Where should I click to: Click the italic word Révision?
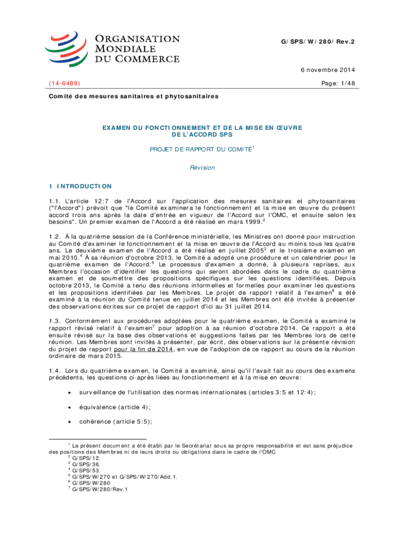pos(202,168)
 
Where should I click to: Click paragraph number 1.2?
pos(55,237)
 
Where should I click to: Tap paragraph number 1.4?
pos(55,371)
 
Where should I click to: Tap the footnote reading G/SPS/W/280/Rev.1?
pos(100,490)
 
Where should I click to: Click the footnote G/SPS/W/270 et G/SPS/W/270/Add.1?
pos(124,477)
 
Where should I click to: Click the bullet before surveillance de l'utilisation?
pos(70,392)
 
